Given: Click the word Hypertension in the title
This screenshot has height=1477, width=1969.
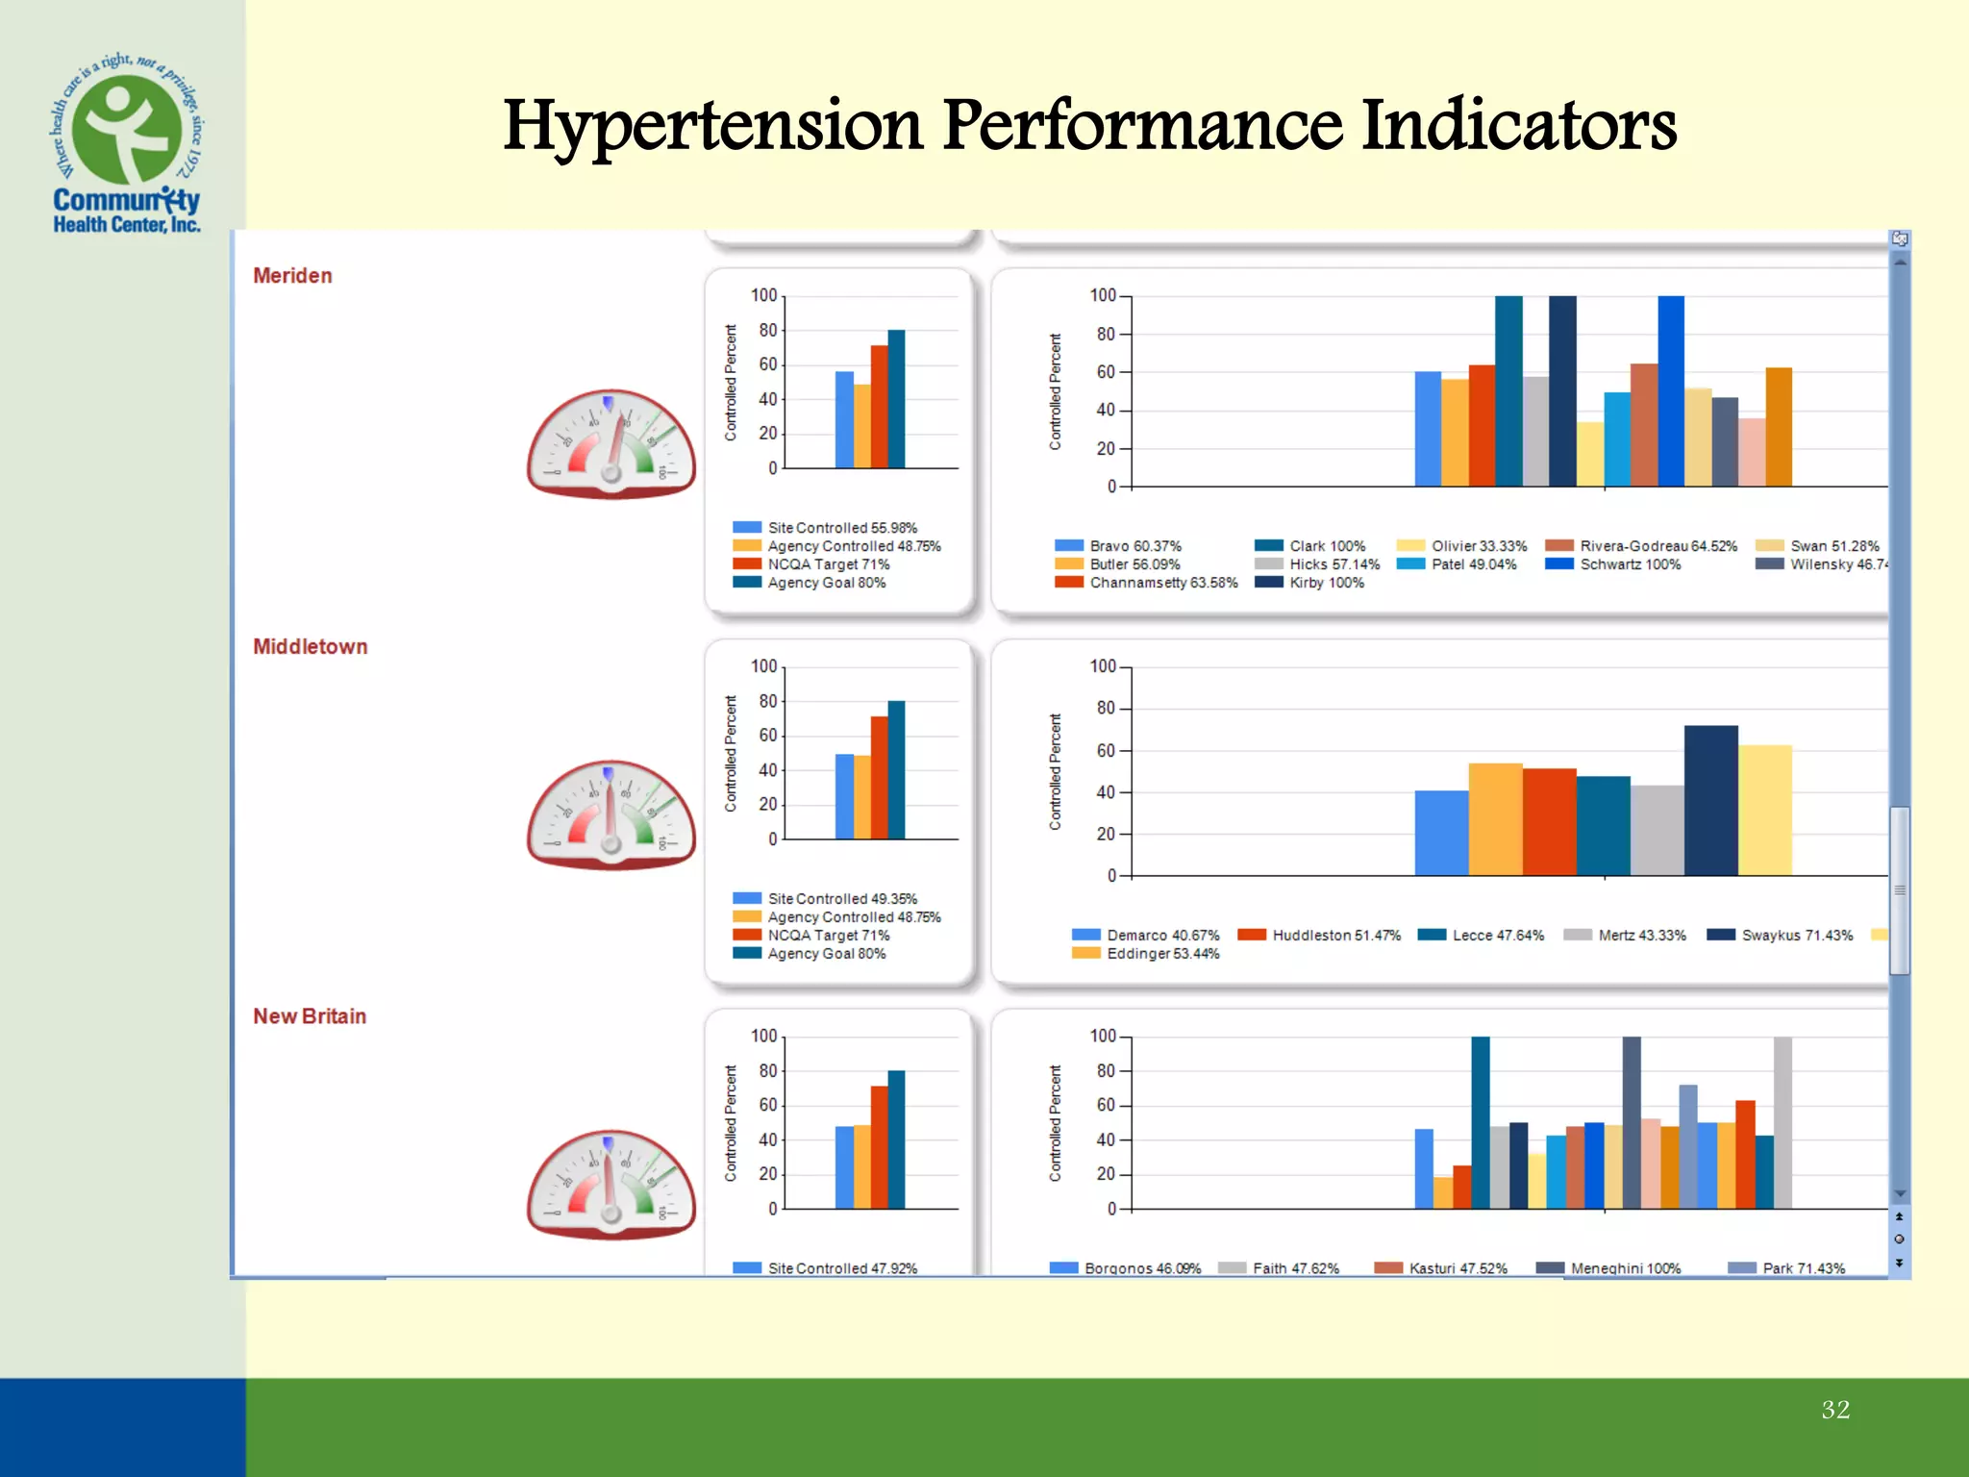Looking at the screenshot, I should [x=712, y=126].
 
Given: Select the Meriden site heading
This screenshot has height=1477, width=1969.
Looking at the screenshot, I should [x=292, y=276].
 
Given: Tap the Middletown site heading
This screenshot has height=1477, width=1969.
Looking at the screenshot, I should [x=310, y=647].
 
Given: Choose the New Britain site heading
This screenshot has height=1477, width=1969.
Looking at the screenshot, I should [x=309, y=1016].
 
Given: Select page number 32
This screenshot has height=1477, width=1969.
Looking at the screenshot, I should [x=1834, y=1410].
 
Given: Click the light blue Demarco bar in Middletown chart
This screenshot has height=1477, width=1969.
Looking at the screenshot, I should [x=1441, y=833].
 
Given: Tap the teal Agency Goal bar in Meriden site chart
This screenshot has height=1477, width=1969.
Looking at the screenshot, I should [x=896, y=399].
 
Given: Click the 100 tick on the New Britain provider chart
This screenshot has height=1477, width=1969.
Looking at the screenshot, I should [x=1102, y=1037].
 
